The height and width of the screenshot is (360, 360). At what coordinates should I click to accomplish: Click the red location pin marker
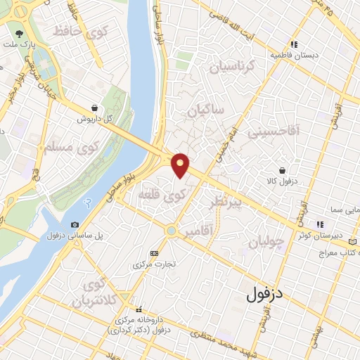point(181,164)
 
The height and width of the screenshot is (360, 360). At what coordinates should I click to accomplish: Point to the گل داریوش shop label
point(96,119)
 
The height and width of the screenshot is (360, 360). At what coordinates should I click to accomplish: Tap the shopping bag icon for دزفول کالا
point(282,171)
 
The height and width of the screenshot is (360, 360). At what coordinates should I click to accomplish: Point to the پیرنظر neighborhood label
point(226,203)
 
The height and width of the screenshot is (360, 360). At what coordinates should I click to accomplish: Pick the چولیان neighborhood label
point(266,243)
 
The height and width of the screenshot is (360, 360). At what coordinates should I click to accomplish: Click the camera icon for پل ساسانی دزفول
point(75,224)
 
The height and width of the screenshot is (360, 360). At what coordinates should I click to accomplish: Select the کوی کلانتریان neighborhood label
point(94,294)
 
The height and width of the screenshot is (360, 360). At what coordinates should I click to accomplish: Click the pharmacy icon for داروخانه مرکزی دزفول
point(139,309)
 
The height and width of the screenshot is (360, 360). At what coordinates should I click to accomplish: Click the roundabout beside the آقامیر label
point(171,230)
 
